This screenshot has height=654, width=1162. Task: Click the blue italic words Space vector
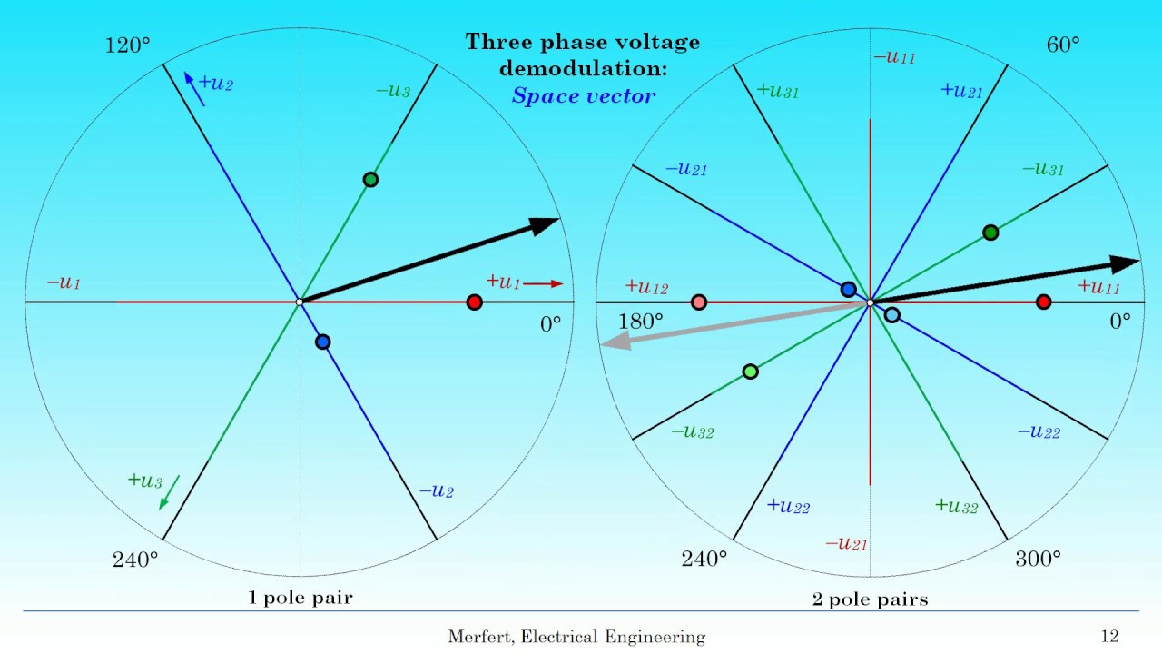pos(583,95)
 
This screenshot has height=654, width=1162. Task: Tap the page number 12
pos(1109,637)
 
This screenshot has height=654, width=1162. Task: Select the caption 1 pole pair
pos(300,598)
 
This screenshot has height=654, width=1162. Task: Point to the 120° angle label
pos(128,45)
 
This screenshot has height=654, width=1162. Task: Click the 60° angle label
pos(1063,45)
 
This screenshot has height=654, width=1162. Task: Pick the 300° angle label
pos(1038,559)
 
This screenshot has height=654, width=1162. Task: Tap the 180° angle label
pos(641,322)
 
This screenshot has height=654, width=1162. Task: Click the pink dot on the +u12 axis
pos(699,302)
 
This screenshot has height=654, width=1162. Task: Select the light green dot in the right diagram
pos(750,371)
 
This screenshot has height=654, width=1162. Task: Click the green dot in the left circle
pos(370,180)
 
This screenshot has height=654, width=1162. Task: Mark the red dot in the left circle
pos(474,302)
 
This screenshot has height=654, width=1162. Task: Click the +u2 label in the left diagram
pos(215,84)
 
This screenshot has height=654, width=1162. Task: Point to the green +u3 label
pos(145,481)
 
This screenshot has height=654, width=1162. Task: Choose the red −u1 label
pos(64,283)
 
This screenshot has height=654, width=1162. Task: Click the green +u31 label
pos(777,91)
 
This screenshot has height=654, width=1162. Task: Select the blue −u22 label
pos(1039,432)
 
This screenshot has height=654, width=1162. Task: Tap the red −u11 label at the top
pos(894,57)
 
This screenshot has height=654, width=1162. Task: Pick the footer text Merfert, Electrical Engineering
pos(576,637)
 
